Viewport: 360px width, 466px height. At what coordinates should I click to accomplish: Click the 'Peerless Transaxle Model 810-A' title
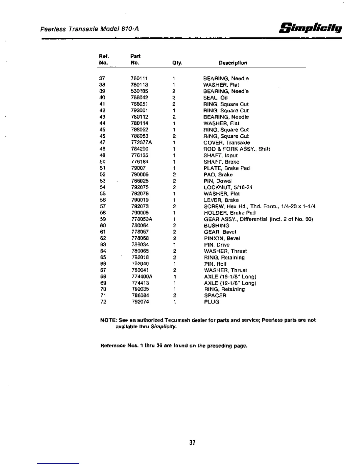tap(89, 29)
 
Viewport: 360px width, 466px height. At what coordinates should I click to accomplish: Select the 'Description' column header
tap(233, 63)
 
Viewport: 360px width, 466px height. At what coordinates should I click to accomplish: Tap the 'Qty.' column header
tap(177, 63)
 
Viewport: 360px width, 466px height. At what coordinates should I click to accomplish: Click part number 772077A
tap(141, 143)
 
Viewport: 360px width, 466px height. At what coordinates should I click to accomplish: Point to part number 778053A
tap(142, 219)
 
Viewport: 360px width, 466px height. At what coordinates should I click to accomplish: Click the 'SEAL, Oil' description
tap(215, 98)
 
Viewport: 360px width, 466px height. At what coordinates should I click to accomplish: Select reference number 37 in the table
tap(102, 79)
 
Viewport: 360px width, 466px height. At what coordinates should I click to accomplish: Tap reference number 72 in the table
tap(103, 302)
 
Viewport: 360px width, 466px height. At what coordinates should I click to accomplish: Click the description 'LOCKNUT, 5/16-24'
tap(228, 187)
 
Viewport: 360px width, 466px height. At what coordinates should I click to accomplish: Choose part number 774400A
tap(142, 277)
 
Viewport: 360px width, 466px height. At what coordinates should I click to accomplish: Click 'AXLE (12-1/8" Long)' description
tap(230, 283)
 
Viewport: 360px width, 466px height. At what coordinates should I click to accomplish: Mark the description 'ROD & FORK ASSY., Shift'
tap(237, 149)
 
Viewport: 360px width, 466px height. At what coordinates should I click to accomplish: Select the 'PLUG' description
tap(211, 302)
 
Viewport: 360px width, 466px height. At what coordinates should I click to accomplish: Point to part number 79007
tap(138, 168)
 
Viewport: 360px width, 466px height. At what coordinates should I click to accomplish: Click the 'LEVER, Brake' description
tap(221, 200)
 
